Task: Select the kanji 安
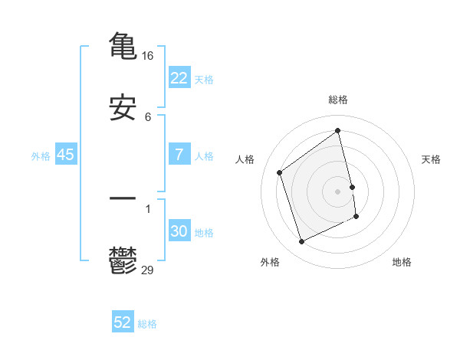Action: [x=123, y=108]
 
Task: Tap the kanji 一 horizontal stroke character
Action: [x=123, y=198]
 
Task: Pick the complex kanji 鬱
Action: [x=123, y=260]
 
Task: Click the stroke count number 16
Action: [x=149, y=56]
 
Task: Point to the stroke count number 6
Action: [x=148, y=118]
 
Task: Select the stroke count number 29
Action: [x=148, y=270]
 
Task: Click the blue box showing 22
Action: [x=179, y=78]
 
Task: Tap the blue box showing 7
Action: [x=179, y=155]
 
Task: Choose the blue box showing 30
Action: [x=179, y=231]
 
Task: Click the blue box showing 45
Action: [x=66, y=155]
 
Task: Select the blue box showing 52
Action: [x=123, y=322]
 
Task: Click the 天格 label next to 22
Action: [x=204, y=80]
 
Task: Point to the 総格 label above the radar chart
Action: [x=338, y=100]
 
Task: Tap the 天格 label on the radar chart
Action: [x=432, y=159]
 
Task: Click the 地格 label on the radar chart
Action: [x=402, y=262]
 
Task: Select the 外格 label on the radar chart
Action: [x=270, y=262]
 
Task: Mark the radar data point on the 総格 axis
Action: [x=338, y=130]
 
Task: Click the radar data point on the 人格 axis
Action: [x=280, y=172]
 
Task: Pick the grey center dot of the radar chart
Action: [x=338, y=191]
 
